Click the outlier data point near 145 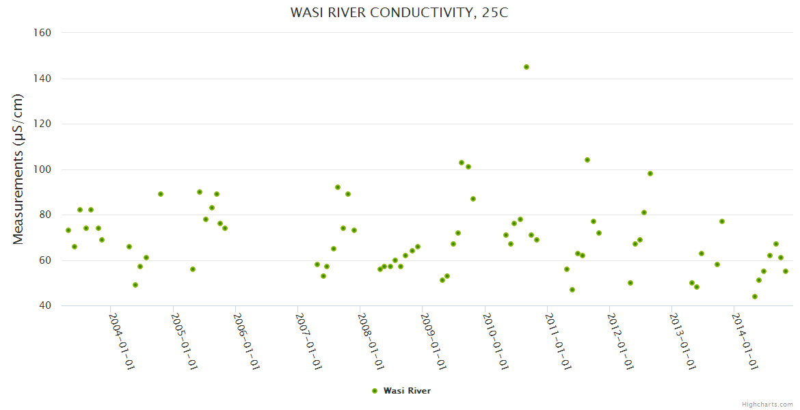tap(526, 67)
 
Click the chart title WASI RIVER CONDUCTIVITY tap(399, 13)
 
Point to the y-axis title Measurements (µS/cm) tap(18, 169)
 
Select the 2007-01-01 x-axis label tap(308, 341)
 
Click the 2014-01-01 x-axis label tap(745, 341)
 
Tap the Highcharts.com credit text tap(768, 404)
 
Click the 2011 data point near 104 tap(587, 160)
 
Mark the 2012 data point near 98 tap(650, 174)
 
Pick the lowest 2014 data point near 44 tap(755, 297)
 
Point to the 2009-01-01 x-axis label tap(433, 341)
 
